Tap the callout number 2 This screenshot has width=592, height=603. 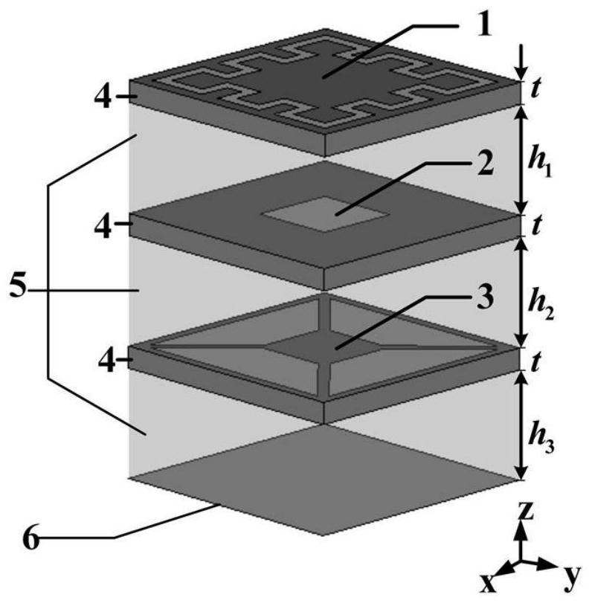(x=486, y=163)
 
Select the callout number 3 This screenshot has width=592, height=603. (x=485, y=297)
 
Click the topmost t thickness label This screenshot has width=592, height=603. (x=535, y=88)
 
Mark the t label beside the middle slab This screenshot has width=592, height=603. (x=535, y=225)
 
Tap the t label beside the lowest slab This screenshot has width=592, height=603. (x=535, y=362)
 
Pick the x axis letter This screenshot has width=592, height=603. (x=489, y=583)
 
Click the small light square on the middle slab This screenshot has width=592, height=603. (x=326, y=214)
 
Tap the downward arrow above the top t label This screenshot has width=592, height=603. (x=521, y=62)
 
